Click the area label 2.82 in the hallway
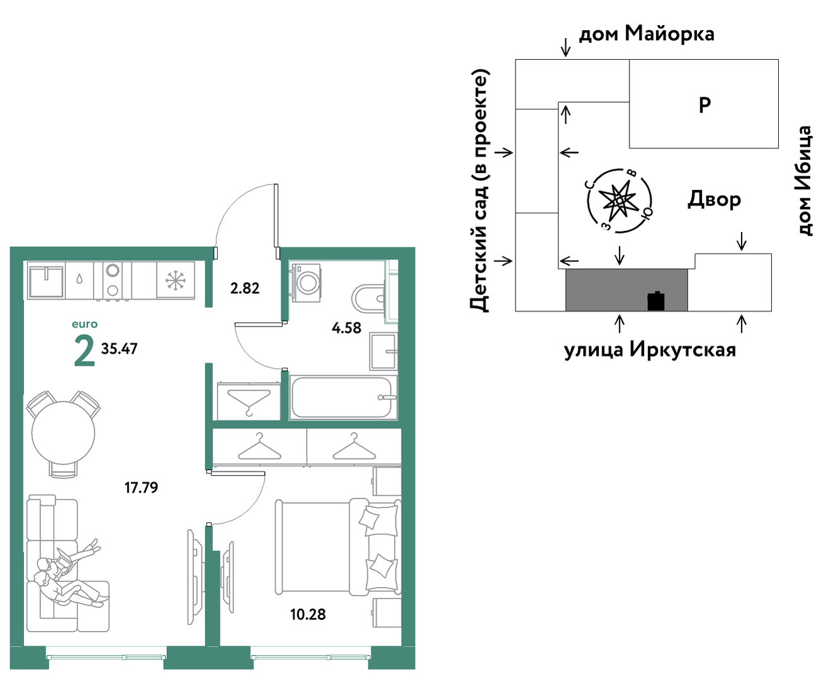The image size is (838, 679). coord(245,288)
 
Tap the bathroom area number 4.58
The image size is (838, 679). coord(346,327)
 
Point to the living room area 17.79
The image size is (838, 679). coord(141,488)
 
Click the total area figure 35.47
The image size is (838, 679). coord(119,349)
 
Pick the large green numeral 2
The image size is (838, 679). coord(84,351)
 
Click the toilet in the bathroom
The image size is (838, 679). coord(369,298)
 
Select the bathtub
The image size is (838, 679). coord(343,397)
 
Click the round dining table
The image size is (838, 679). coord(64,433)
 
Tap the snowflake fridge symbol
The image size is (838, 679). coord(175,281)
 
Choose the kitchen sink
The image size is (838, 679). coord(46,281)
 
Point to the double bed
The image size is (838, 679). coord(337,546)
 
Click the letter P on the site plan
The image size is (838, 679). coord(705,105)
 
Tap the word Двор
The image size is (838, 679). coord(714,199)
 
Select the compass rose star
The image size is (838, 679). coord(618,201)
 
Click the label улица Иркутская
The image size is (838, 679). coord(650,349)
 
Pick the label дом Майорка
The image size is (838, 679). coord(647,34)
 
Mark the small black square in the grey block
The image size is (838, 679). coord(656,301)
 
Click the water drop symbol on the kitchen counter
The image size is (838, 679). coord(79,279)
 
